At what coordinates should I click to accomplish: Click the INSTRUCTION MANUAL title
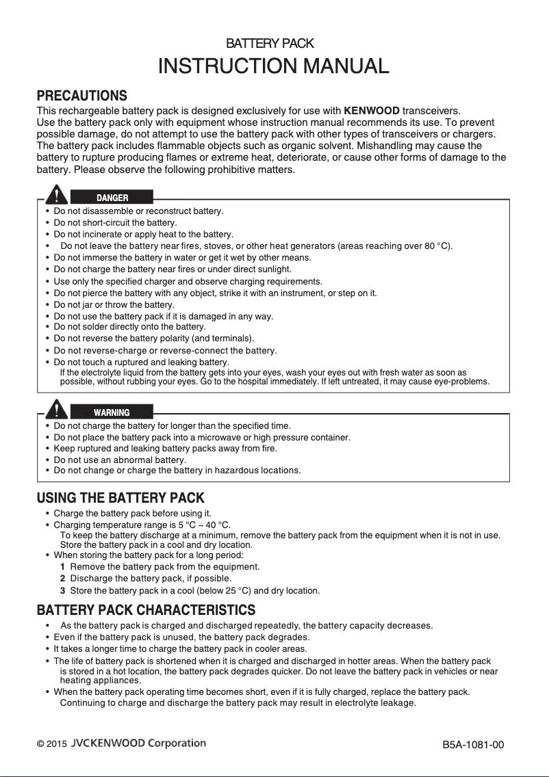pyautogui.click(x=274, y=66)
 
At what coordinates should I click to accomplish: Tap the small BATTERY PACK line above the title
pyautogui.click(x=270, y=44)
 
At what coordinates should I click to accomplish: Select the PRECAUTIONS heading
pyautogui.click(x=81, y=95)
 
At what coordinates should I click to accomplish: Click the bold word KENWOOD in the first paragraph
pyautogui.click(x=372, y=110)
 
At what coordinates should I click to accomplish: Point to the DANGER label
pyautogui.click(x=112, y=198)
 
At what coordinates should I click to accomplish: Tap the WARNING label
pyautogui.click(x=112, y=412)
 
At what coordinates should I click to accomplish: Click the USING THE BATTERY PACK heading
pyautogui.click(x=120, y=498)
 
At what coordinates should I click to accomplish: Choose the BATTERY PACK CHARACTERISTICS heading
pyautogui.click(x=146, y=609)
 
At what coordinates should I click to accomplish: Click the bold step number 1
pyautogui.click(x=62, y=567)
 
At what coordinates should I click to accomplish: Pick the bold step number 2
pyautogui.click(x=62, y=579)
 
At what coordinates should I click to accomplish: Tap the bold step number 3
pyautogui.click(x=62, y=590)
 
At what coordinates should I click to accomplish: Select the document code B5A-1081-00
pyautogui.click(x=473, y=745)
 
